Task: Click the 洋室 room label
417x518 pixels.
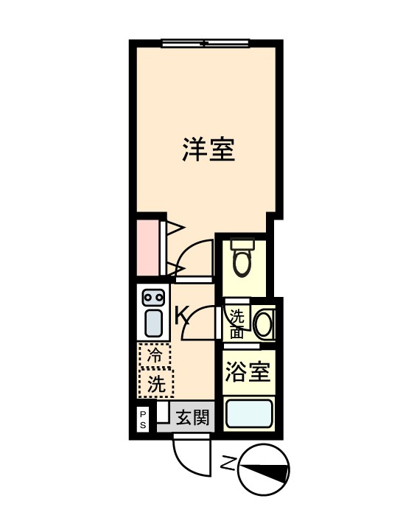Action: tap(208, 150)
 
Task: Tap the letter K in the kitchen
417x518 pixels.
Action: tap(182, 316)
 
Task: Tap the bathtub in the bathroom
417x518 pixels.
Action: tap(249, 413)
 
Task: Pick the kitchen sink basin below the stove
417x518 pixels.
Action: tap(153, 323)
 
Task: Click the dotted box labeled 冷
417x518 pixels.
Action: tap(154, 354)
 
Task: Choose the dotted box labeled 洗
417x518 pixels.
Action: tap(155, 383)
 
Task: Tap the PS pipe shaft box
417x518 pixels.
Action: tap(143, 419)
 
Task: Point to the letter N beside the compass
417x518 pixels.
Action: tap(228, 463)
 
